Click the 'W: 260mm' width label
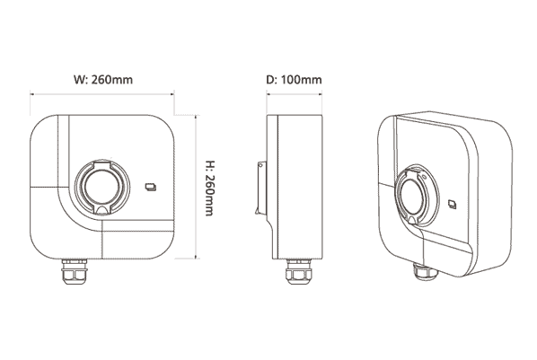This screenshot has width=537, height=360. tap(103, 80)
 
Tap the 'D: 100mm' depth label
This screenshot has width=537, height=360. tap(294, 80)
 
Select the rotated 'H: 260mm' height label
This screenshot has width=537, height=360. tap(209, 188)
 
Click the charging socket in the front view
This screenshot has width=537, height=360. tap(102, 187)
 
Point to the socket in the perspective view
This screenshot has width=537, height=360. tap(418, 195)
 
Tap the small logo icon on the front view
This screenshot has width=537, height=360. tap(151, 187)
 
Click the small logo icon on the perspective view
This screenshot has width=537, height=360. tap(453, 204)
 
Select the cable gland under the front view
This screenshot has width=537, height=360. tap(75, 272)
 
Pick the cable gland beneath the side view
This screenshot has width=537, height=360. tap(299, 272)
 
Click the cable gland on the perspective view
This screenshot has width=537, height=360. tap(425, 271)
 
